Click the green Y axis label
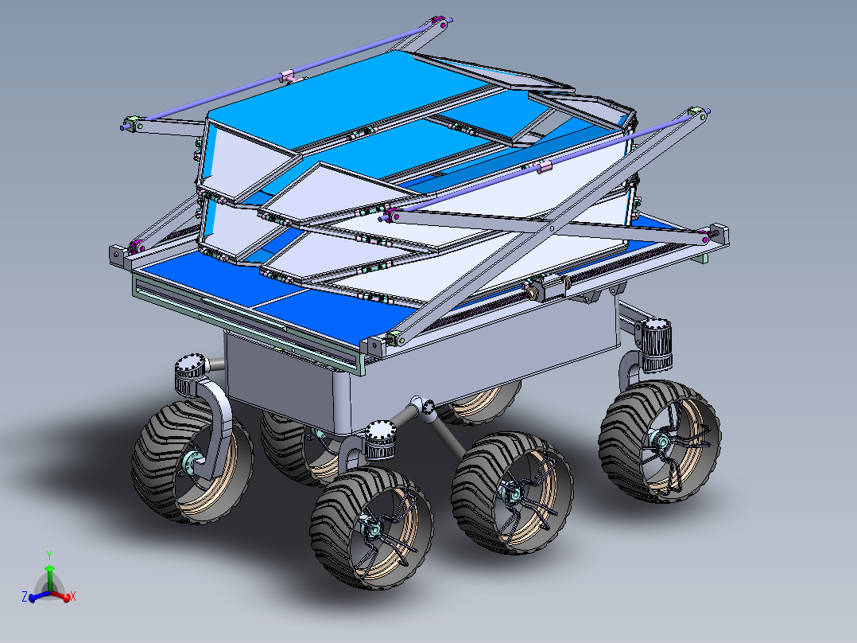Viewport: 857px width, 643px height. pyautogui.click(x=49, y=554)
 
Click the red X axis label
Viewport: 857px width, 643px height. pyautogui.click(x=72, y=595)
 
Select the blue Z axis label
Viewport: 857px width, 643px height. pyautogui.click(x=25, y=595)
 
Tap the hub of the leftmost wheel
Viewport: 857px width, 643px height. pyautogui.click(x=192, y=462)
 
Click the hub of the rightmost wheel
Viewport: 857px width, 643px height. pyautogui.click(x=659, y=439)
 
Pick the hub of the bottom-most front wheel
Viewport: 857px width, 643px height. pyautogui.click(x=369, y=526)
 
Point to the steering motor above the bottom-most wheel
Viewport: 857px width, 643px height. pyautogui.click(x=379, y=441)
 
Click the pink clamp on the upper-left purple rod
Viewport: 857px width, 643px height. pyautogui.click(x=288, y=76)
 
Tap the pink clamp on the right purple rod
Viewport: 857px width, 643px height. pyautogui.click(x=545, y=166)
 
